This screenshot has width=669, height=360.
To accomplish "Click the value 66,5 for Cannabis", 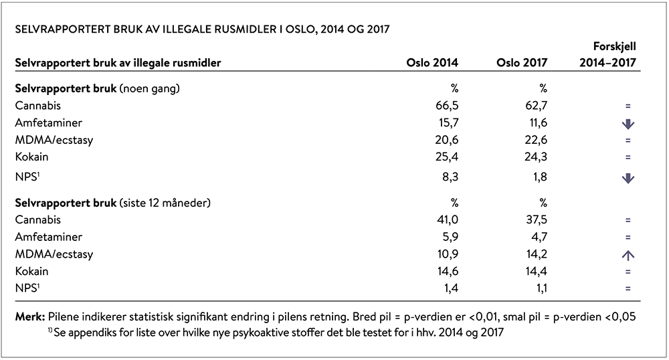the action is [447, 106].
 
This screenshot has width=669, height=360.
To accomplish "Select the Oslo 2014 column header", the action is [432, 63].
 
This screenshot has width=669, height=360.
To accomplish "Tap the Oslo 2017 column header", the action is [521, 63].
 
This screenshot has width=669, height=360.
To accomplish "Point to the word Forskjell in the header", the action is [614, 46].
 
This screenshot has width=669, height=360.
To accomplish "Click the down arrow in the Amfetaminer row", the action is [628, 124].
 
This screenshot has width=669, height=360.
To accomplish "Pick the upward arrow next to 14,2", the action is [628, 255].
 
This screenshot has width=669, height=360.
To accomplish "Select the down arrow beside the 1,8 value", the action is [628, 178].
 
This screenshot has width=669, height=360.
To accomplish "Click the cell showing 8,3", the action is [451, 177].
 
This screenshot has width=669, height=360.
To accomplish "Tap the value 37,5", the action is [537, 220].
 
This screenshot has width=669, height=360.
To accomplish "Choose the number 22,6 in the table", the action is [536, 140].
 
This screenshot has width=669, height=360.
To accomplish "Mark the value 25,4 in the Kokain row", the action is [447, 157].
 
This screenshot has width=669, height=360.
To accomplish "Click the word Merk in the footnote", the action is [30, 317].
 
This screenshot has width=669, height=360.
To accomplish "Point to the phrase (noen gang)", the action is [149, 89].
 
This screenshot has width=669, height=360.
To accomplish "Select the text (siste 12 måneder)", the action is [165, 203].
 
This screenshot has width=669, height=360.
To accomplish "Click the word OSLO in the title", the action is [300, 29].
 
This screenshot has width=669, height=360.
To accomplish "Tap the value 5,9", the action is [450, 237].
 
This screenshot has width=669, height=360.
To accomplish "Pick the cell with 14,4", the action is [537, 271].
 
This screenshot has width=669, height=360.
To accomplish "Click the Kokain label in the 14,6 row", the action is [31, 271].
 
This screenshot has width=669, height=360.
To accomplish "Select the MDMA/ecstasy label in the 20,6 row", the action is [54, 141].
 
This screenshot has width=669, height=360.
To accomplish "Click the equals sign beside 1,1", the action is [628, 289].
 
